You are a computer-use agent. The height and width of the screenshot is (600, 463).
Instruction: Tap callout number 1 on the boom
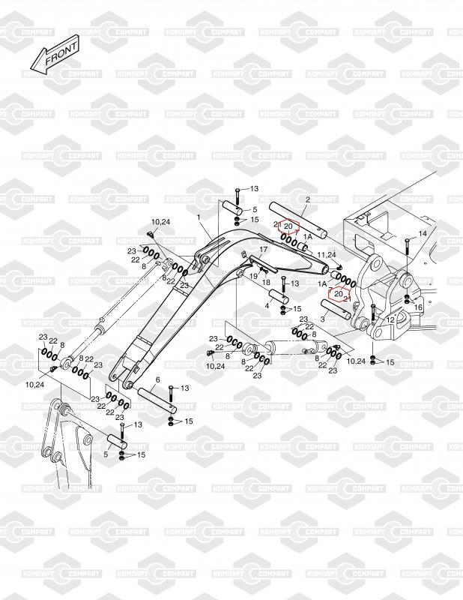pos(199,217)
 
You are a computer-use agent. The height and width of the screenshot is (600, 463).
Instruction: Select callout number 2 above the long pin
pos(307,199)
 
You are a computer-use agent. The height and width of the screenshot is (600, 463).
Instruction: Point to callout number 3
pos(321,319)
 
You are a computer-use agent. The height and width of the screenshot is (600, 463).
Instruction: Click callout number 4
pos(267,305)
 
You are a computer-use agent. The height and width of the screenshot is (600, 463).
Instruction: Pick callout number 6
pos(158,380)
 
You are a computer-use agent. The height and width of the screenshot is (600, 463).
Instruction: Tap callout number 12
pos(391,320)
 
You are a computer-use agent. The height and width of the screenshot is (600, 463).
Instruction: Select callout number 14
pos(423,234)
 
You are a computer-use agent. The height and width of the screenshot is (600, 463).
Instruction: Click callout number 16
pos(418,307)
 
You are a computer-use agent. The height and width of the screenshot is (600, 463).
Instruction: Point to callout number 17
pos(263,249)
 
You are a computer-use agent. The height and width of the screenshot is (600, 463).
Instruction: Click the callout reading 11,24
pos(326,256)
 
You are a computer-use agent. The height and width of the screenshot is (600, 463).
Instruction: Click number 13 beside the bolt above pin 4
pos(294,283)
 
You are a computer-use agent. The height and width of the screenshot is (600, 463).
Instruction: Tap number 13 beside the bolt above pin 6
pos(184,388)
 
